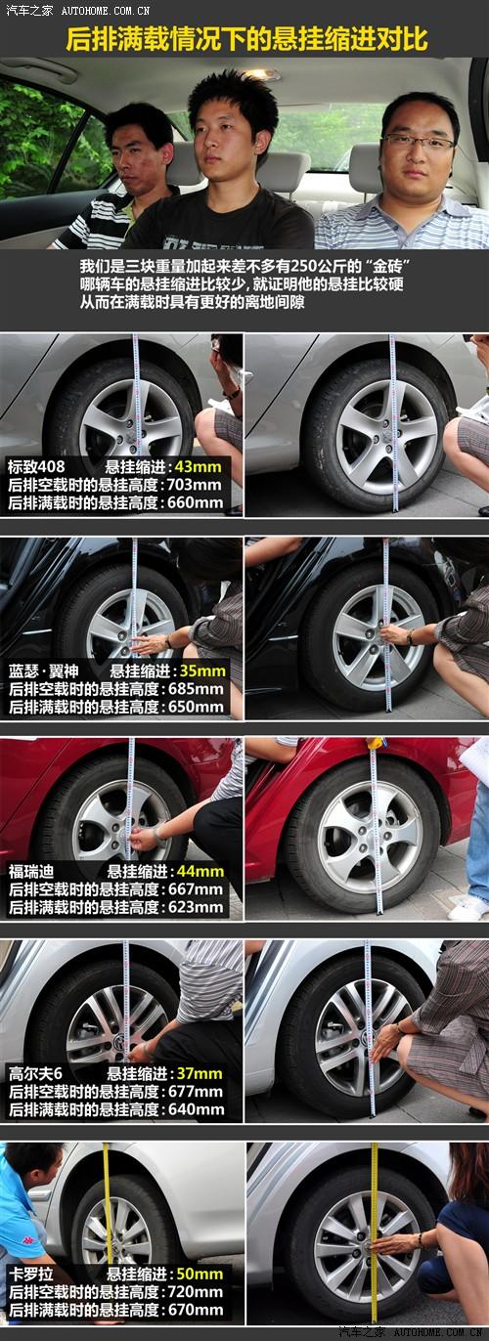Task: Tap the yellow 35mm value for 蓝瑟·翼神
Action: click(202, 670)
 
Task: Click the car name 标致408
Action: click(36, 467)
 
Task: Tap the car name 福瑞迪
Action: click(31, 871)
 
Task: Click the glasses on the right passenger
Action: click(418, 142)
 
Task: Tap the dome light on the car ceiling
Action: click(261, 74)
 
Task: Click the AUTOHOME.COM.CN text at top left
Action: click(106, 11)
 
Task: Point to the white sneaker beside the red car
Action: click(468, 908)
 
